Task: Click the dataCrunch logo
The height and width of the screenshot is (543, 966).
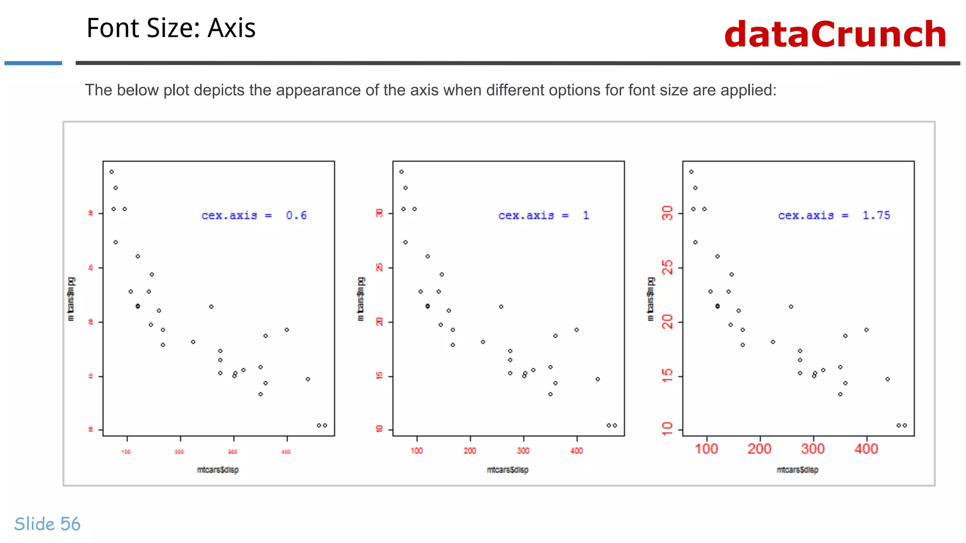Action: [x=835, y=34]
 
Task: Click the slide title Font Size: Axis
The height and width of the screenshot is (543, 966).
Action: [x=171, y=28]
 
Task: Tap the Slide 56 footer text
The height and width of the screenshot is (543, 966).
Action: [x=47, y=524]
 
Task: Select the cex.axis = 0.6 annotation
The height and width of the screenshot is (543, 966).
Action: [x=254, y=215]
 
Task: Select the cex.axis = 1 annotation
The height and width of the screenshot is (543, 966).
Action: [x=543, y=215]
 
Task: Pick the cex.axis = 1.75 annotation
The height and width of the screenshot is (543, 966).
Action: [x=834, y=215]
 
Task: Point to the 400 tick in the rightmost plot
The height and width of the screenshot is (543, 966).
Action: [x=866, y=449]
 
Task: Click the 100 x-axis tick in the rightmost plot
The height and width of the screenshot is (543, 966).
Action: [x=706, y=449]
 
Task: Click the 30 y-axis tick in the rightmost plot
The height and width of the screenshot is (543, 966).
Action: [x=667, y=213]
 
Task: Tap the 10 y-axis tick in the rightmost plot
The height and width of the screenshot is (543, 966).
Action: [x=667, y=428]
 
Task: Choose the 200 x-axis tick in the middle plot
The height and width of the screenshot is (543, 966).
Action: [x=470, y=451]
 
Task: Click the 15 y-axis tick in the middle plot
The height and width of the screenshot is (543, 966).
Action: [x=380, y=376]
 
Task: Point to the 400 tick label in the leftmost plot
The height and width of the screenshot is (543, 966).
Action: [x=286, y=452]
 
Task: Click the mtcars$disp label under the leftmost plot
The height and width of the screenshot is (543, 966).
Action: [x=217, y=470]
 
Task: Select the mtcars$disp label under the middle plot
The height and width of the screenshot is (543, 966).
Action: [x=508, y=470]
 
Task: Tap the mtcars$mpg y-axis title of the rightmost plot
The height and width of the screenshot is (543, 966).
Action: [x=651, y=299]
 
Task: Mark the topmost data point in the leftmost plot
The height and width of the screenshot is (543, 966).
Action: [x=112, y=172]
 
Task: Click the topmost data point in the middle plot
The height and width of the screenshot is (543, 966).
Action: [x=401, y=172]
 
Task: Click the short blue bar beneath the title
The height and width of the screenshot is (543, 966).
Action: [x=33, y=63]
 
